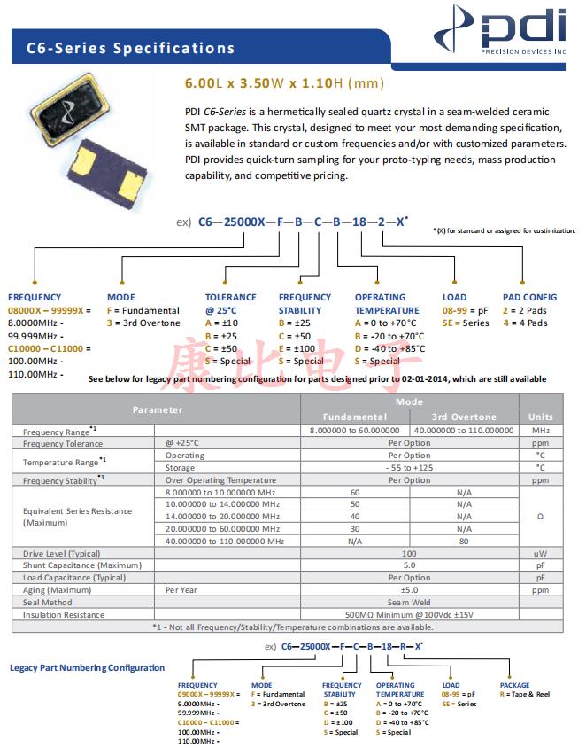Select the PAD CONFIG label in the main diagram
coord(529,298)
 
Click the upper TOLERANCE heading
coord(231,298)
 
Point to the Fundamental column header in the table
coord(354,417)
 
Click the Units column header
coord(540,417)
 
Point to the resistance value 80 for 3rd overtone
coord(464,542)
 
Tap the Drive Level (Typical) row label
coord(63,553)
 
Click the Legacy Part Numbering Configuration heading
coord(87,668)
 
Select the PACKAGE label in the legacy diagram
coord(514,685)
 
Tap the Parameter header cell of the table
coord(158,409)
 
